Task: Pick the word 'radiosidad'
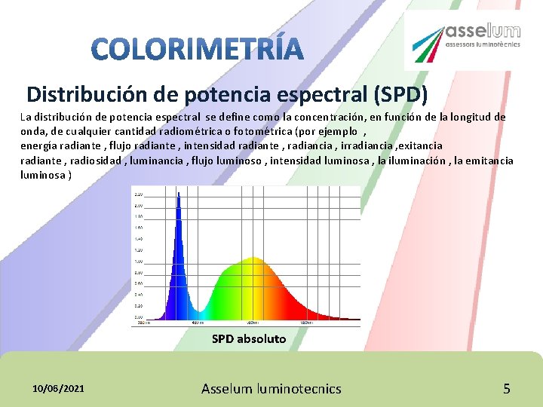tap(96, 160)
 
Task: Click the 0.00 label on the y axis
tap(139, 317)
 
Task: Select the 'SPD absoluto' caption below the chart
tap(249, 339)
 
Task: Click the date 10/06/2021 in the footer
tap(59, 388)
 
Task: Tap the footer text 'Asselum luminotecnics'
tap(271, 389)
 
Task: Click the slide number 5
tap(507, 389)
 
